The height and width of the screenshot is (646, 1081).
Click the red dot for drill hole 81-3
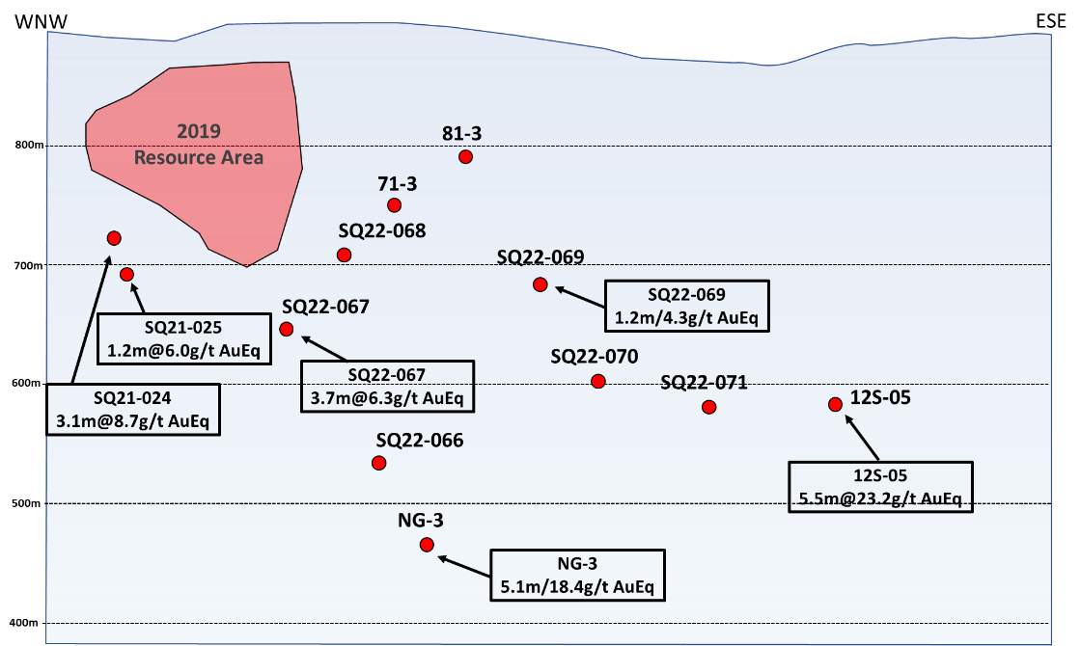(465, 157)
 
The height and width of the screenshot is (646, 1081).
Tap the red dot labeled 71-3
(394, 205)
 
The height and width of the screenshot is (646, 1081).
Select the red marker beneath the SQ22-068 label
(344, 255)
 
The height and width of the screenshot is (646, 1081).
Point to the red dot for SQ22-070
(598, 381)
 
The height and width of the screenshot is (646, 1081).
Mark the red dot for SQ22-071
(709, 407)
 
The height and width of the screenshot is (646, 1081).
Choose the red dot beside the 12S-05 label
(835, 404)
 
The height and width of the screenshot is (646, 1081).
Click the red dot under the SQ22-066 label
(378, 463)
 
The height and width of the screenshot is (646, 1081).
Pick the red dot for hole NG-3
(427, 545)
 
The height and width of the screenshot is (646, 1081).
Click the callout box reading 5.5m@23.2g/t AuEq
(880, 487)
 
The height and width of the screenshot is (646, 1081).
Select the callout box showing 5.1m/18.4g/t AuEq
(578, 575)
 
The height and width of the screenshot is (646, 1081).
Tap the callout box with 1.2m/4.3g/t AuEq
(686, 306)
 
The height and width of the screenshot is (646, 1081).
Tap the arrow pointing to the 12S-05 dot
(864, 438)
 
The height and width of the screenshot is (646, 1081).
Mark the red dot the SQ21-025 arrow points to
(126, 275)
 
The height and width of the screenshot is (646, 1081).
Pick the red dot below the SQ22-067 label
(287, 330)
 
